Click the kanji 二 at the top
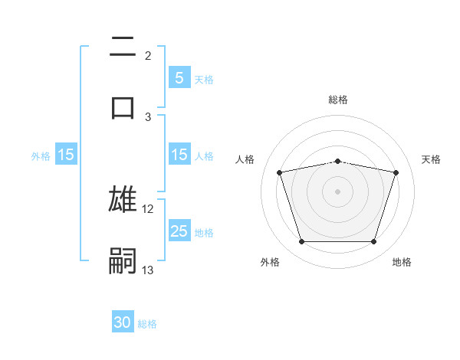[123, 47]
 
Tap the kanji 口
[123, 106]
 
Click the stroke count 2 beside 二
[148, 56]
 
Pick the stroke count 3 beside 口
[148, 116]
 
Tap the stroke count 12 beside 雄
[148, 209]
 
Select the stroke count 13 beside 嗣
[148, 270]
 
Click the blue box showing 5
[179, 77]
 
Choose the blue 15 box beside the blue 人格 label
[179, 155]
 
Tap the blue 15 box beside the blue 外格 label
[66, 155]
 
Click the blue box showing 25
[179, 231]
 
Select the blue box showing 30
[123, 322]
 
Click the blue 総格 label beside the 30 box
[147, 324]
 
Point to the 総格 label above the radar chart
[338, 100]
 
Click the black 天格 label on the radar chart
[432, 159]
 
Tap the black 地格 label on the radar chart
[402, 262]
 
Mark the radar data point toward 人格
[280, 173]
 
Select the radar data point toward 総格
[338, 161]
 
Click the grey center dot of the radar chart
[338, 191]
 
